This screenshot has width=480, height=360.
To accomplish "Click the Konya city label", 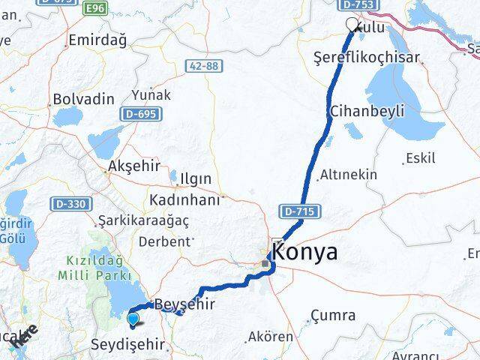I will tap(304, 252).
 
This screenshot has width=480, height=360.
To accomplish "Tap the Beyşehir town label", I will tap(184, 304).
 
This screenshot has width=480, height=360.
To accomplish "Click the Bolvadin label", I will tap(83, 99).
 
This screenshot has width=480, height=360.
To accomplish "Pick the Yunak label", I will tap(151, 95).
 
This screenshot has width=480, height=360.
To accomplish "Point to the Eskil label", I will tap(419, 158).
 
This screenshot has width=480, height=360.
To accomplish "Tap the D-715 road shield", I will tap(298, 212).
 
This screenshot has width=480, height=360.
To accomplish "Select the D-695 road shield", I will tap(139, 114).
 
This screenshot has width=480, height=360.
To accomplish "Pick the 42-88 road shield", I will tap(203, 66).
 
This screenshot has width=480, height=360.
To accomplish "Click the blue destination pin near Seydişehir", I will tap(133, 319).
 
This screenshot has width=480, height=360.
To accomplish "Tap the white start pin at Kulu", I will tap(352, 24).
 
